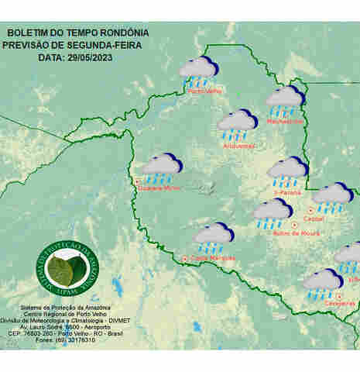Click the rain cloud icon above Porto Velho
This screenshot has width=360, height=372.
(x=199, y=71)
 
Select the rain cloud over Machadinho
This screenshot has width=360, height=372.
(x=285, y=101)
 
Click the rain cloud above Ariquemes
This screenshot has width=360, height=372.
(x=237, y=123)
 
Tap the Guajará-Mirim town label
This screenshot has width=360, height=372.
(x=161, y=188)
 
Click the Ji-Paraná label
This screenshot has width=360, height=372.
(x=287, y=191)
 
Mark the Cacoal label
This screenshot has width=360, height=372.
(x=317, y=219)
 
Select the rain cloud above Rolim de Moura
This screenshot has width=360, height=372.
(x=273, y=213)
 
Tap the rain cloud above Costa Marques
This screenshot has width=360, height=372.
(x=214, y=236)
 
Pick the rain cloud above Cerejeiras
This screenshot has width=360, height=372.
(x=322, y=283)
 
